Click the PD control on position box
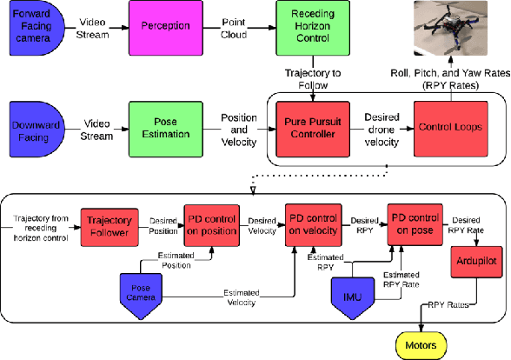click(212, 223)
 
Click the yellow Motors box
click(425, 343)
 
